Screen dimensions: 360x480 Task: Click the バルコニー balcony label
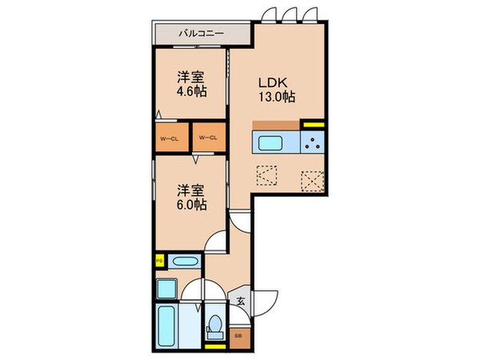(202, 34)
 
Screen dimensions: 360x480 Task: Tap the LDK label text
(270, 82)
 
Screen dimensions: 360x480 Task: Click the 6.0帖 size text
(192, 205)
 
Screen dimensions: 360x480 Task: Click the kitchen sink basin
(270, 144)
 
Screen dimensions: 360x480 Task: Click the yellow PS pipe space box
(160, 260)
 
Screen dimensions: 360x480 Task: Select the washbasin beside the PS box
(185, 261)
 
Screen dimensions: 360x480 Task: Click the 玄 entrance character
(241, 301)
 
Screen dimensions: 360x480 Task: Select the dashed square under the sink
(266, 174)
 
